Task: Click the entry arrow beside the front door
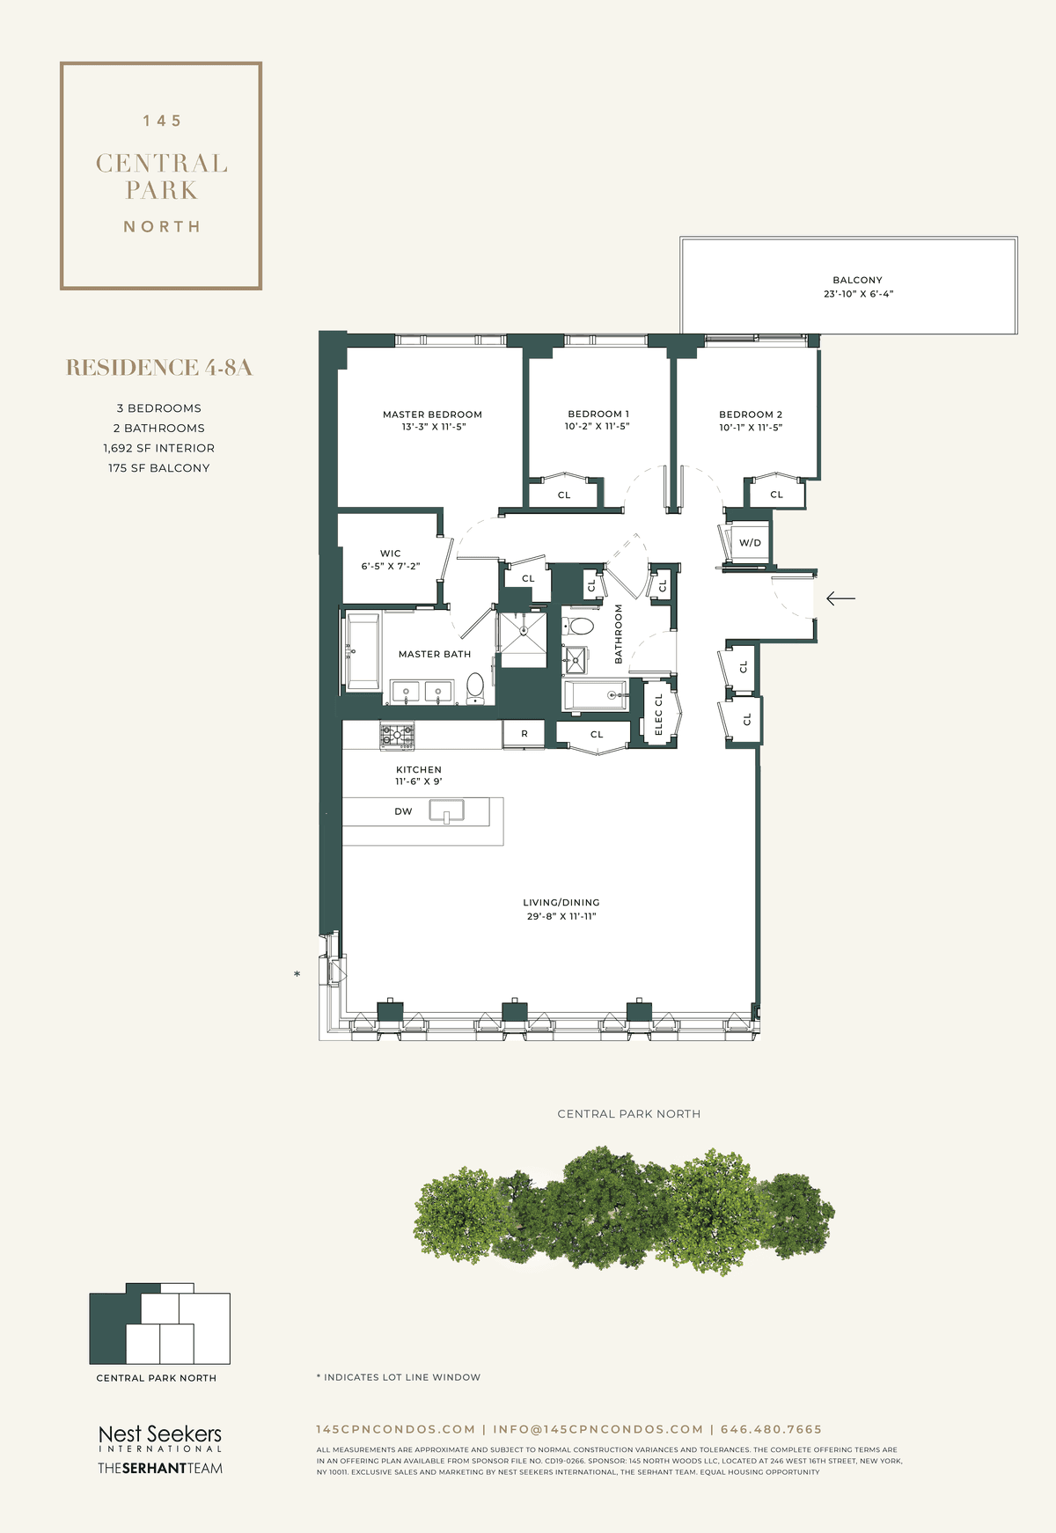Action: pyautogui.click(x=840, y=598)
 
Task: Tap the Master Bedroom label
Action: pyautogui.click(x=432, y=414)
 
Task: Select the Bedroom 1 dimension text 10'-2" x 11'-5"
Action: pyautogui.click(x=598, y=427)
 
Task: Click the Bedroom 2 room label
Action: pyautogui.click(x=751, y=414)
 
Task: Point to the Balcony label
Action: pyautogui.click(x=857, y=280)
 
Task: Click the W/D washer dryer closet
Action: pyautogui.click(x=750, y=543)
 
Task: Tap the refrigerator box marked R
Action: pyautogui.click(x=524, y=734)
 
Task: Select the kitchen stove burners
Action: pyautogui.click(x=397, y=735)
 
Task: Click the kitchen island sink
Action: pyautogui.click(x=447, y=811)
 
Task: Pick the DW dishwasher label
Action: pyautogui.click(x=403, y=811)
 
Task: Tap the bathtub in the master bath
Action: pyautogui.click(x=363, y=651)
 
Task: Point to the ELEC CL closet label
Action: pyautogui.click(x=658, y=715)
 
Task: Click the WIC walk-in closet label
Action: pyautogui.click(x=391, y=554)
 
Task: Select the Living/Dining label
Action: pyautogui.click(x=561, y=903)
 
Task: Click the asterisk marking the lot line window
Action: pyautogui.click(x=297, y=974)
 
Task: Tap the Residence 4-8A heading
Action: pyautogui.click(x=159, y=368)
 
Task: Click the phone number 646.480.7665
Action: pyautogui.click(x=771, y=1429)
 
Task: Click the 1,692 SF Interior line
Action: pyautogui.click(x=159, y=448)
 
